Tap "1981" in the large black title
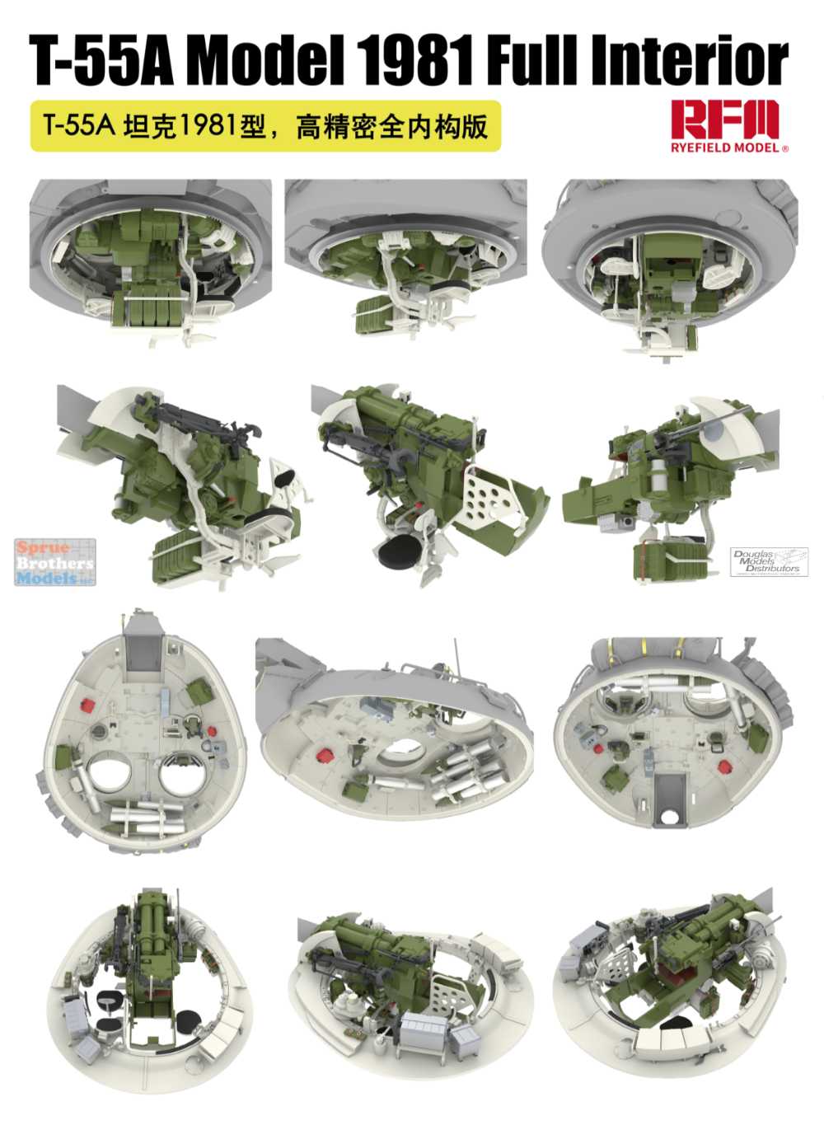(x=416, y=62)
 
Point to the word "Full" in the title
(x=531, y=62)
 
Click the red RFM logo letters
(x=725, y=119)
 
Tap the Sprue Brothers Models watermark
(x=54, y=562)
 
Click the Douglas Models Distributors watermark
(x=769, y=560)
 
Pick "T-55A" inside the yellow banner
(x=79, y=126)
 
